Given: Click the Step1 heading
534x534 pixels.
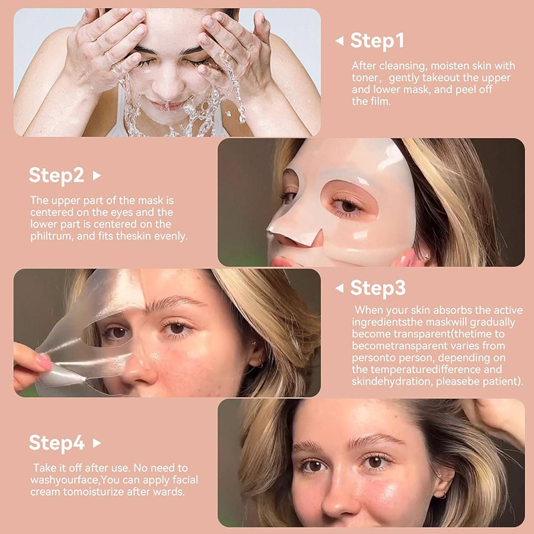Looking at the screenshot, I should tap(377, 40).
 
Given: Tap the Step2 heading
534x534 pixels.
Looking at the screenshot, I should tap(56, 175).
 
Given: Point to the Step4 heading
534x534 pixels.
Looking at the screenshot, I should tap(56, 443).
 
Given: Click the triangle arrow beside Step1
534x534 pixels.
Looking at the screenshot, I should tap(340, 41).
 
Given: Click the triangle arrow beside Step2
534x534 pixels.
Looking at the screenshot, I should tap(96, 176).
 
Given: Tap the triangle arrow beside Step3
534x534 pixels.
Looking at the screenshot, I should tap(340, 288).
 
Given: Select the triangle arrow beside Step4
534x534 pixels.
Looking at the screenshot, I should tap(96, 443).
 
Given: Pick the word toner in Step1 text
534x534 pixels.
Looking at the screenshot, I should tap(365, 78).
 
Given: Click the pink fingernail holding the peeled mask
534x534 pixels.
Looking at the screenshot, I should tap(43, 363).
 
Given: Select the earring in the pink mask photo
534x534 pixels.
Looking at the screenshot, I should tap(426, 256).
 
